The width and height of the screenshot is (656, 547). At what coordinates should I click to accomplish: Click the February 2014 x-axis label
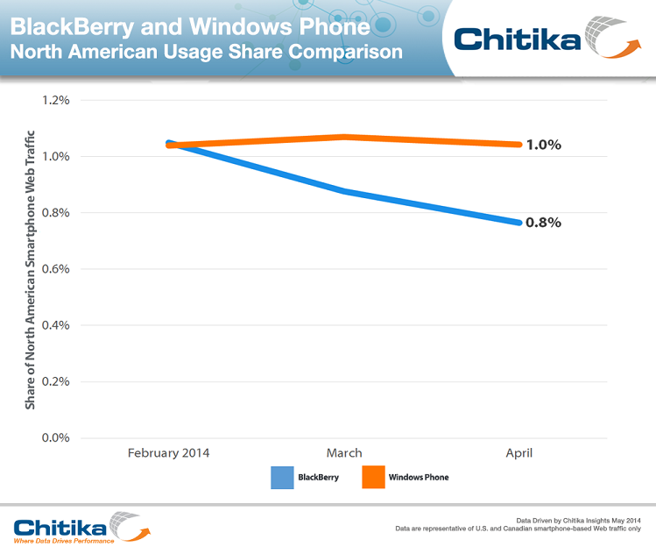click(x=168, y=453)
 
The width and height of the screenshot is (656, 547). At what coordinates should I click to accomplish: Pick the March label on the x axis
click(x=344, y=453)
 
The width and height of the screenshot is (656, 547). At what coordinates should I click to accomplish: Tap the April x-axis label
click(x=518, y=453)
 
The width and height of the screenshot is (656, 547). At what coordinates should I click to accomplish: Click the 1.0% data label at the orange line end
click(x=543, y=145)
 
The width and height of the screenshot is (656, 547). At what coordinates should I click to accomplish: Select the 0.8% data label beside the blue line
click(x=543, y=223)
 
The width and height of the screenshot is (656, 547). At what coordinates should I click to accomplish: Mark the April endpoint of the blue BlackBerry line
click(x=518, y=223)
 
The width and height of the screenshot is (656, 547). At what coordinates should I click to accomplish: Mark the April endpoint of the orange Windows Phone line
click(x=518, y=145)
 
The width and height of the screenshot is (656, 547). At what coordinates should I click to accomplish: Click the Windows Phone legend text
click(x=418, y=478)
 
